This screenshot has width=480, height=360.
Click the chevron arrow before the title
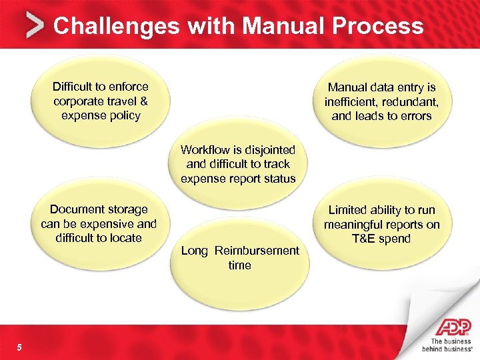[35, 26]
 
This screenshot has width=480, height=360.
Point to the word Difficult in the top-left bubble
[75, 87]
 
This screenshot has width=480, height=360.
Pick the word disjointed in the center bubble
[270, 149]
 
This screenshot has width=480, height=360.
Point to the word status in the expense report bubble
[278, 179]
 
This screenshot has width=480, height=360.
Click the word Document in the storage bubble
[76, 209]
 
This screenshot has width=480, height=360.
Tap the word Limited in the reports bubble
[349, 210]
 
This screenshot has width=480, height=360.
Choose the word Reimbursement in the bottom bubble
[257, 251]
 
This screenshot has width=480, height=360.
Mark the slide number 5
[19, 347]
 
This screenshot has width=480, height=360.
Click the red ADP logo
[453, 327]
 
